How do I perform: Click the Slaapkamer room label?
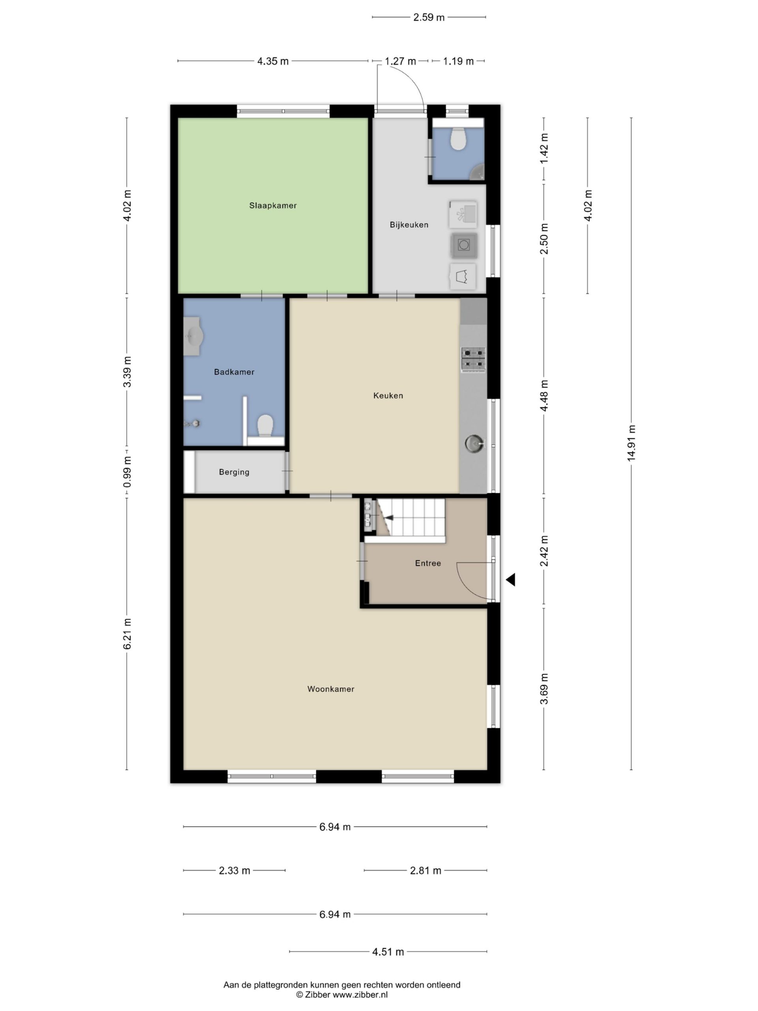pyautogui.click(x=273, y=206)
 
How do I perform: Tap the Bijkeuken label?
pyautogui.click(x=409, y=225)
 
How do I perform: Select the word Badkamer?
pyautogui.click(x=234, y=372)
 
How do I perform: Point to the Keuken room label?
pyautogui.click(x=388, y=396)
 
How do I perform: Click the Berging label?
pyautogui.click(x=234, y=472)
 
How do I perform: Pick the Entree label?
pyautogui.click(x=428, y=564)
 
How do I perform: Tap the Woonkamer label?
pyautogui.click(x=331, y=689)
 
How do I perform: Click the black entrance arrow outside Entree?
pyautogui.click(x=510, y=580)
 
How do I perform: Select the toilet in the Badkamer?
pyautogui.click(x=265, y=426)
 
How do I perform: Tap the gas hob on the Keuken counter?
pyautogui.click(x=473, y=360)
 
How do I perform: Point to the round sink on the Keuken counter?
pyautogui.click(x=474, y=443)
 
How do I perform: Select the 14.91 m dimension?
pyautogui.click(x=631, y=443)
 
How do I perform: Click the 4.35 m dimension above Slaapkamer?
pyautogui.click(x=273, y=61)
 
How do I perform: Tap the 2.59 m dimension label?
pyautogui.click(x=429, y=18)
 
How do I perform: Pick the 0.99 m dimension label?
pyautogui.click(x=127, y=472)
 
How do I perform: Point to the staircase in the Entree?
pyautogui.click(x=410, y=517)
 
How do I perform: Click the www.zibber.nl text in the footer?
pyautogui.click(x=360, y=994)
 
